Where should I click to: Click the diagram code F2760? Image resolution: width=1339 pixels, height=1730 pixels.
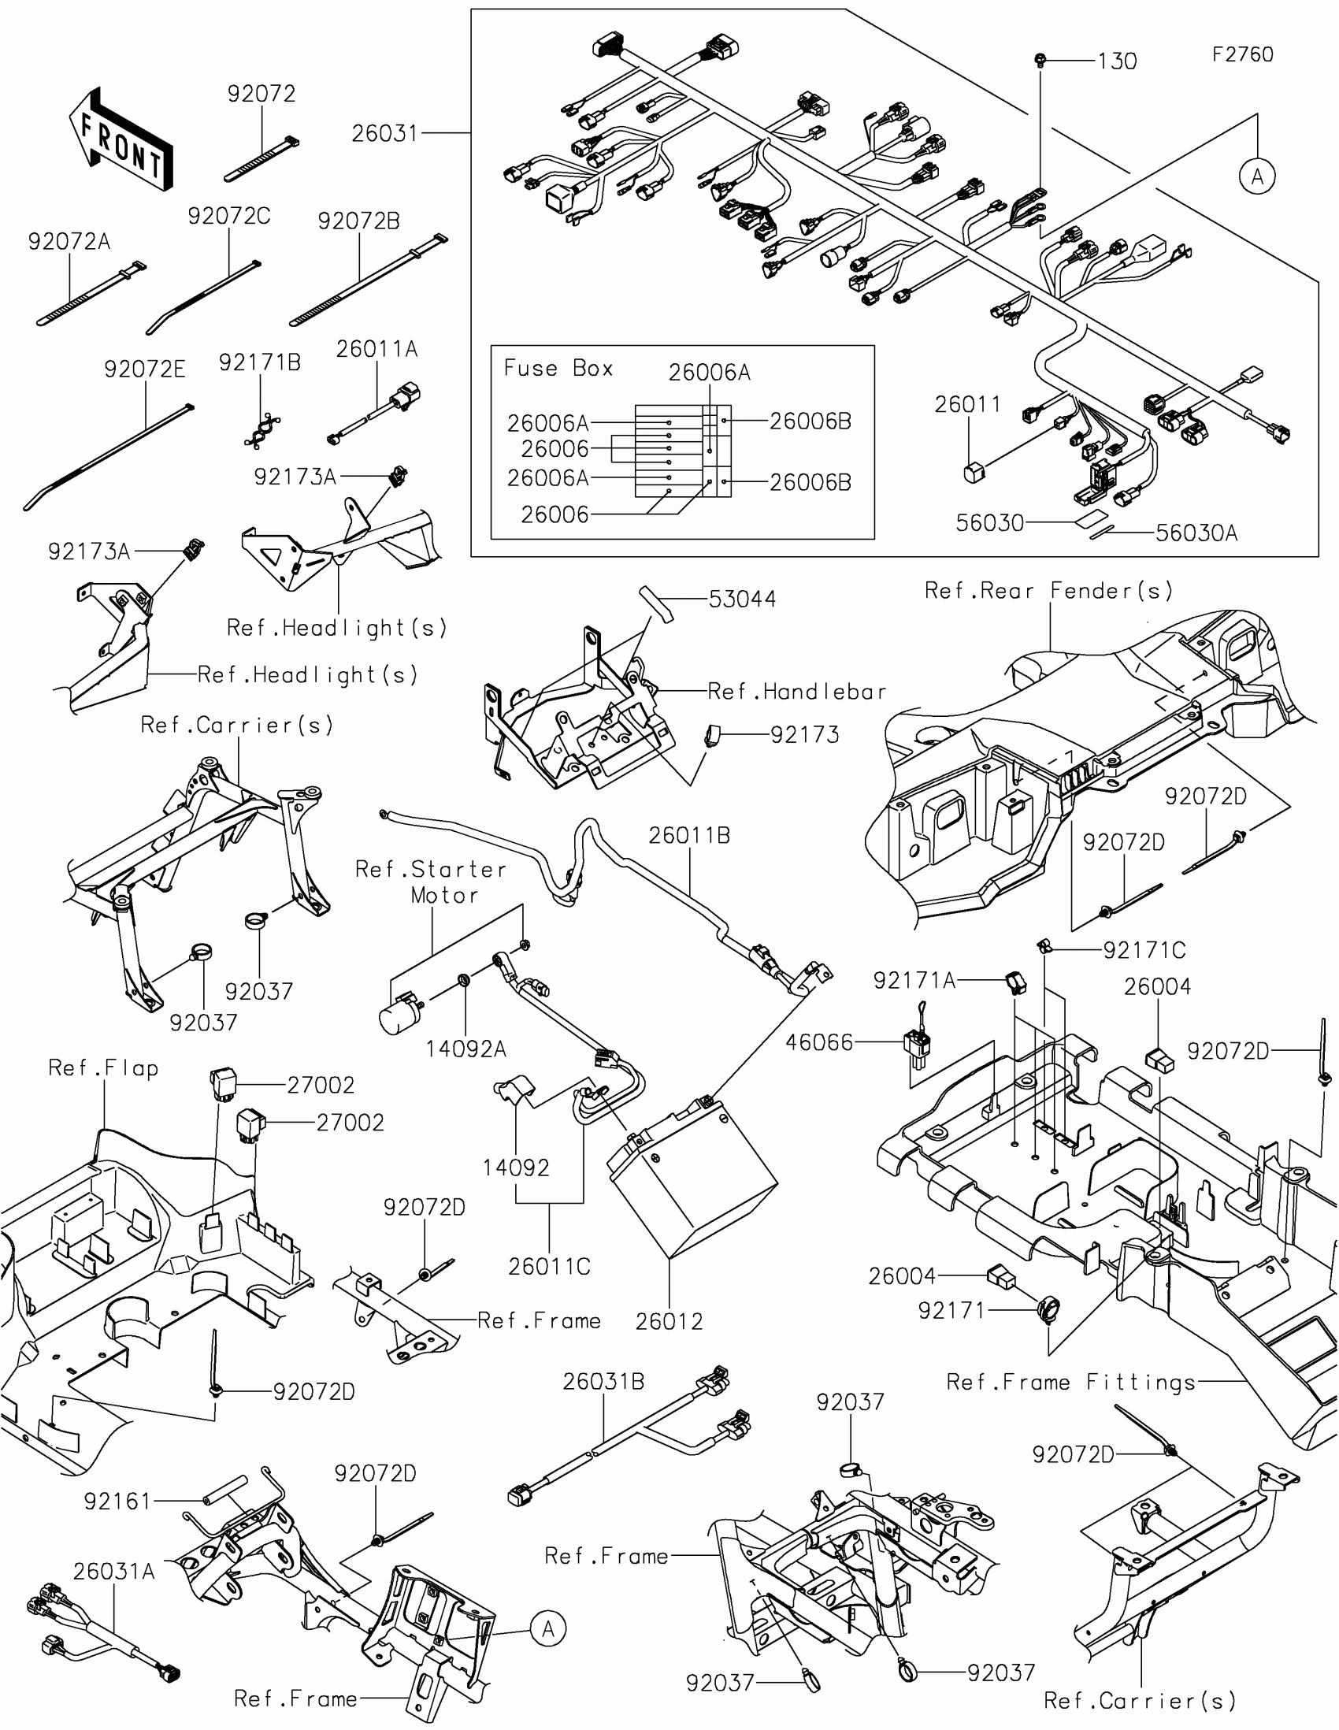(x=1242, y=54)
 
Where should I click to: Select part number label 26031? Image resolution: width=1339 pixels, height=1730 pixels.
(x=384, y=133)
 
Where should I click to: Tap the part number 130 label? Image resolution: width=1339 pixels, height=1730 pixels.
(x=1117, y=61)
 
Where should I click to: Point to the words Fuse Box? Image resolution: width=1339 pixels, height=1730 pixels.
(x=558, y=369)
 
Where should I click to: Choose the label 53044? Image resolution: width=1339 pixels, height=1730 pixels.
(x=742, y=599)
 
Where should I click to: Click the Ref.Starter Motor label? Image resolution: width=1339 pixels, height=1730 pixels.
(x=432, y=882)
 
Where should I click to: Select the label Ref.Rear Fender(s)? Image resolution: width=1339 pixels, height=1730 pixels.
(x=1048, y=591)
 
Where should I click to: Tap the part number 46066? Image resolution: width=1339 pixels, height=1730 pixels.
(x=819, y=1041)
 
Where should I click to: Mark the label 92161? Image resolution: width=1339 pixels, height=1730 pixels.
(x=117, y=1501)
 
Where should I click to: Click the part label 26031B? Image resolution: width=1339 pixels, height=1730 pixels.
(x=603, y=1382)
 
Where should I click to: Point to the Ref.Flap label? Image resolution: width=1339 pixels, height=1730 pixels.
(x=103, y=1067)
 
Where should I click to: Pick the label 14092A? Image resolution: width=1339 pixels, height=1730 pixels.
(x=465, y=1049)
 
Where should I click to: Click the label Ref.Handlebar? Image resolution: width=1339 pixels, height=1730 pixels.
(x=796, y=692)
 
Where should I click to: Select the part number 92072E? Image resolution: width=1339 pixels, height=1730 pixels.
(x=145, y=369)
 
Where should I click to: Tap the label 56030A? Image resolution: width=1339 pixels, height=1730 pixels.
(x=1196, y=533)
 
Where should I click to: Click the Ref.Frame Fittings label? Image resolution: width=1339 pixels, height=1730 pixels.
(x=1070, y=1383)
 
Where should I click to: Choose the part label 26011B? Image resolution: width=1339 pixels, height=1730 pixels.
(x=689, y=836)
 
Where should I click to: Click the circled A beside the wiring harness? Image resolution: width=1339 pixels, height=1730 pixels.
(x=1257, y=176)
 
